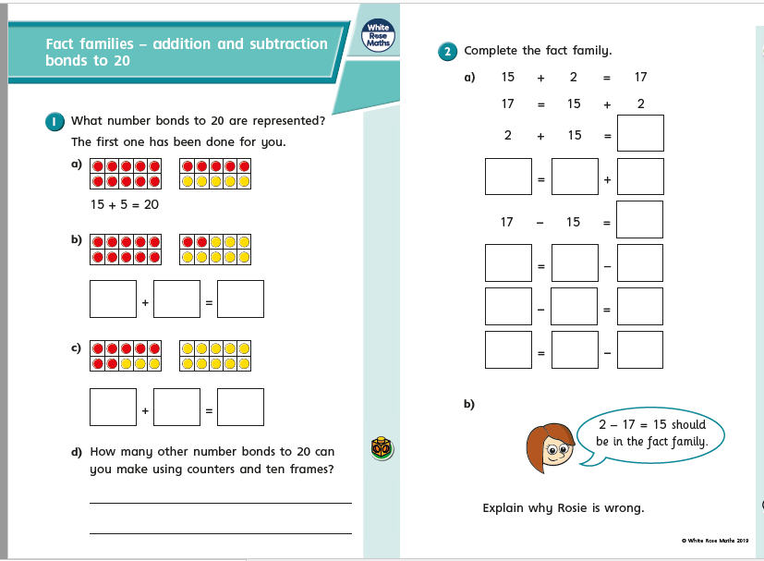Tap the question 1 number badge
click(55, 121)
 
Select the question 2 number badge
click(448, 52)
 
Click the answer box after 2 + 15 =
click(640, 132)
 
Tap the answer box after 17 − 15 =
click(640, 219)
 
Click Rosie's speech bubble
click(650, 433)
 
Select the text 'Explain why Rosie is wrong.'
click(563, 507)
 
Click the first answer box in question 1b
click(113, 299)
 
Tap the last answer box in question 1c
click(241, 407)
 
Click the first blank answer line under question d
click(220, 502)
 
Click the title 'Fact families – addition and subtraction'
click(187, 44)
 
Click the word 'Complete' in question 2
click(491, 51)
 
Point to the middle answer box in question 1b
click(177, 299)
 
